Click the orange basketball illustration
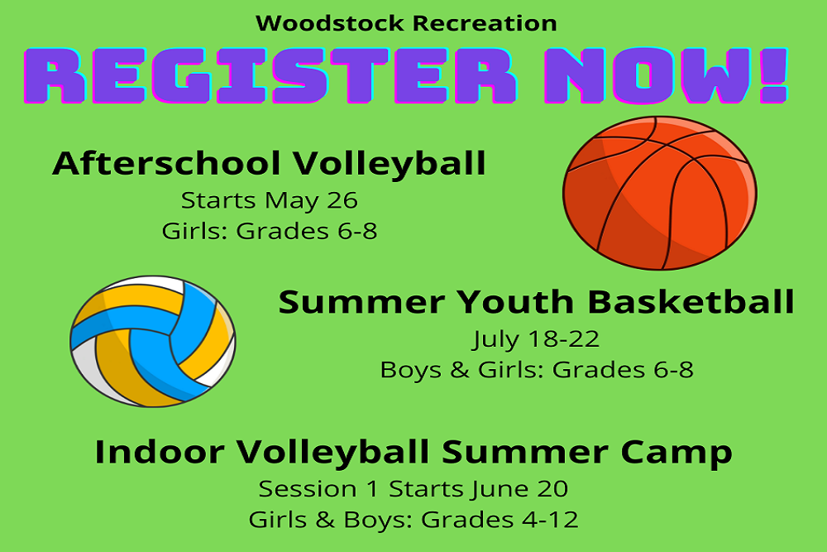(660, 193)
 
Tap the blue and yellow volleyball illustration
(153, 341)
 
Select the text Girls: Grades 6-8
(270, 231)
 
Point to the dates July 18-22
(536, 339)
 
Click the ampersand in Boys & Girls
(459, 370)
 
